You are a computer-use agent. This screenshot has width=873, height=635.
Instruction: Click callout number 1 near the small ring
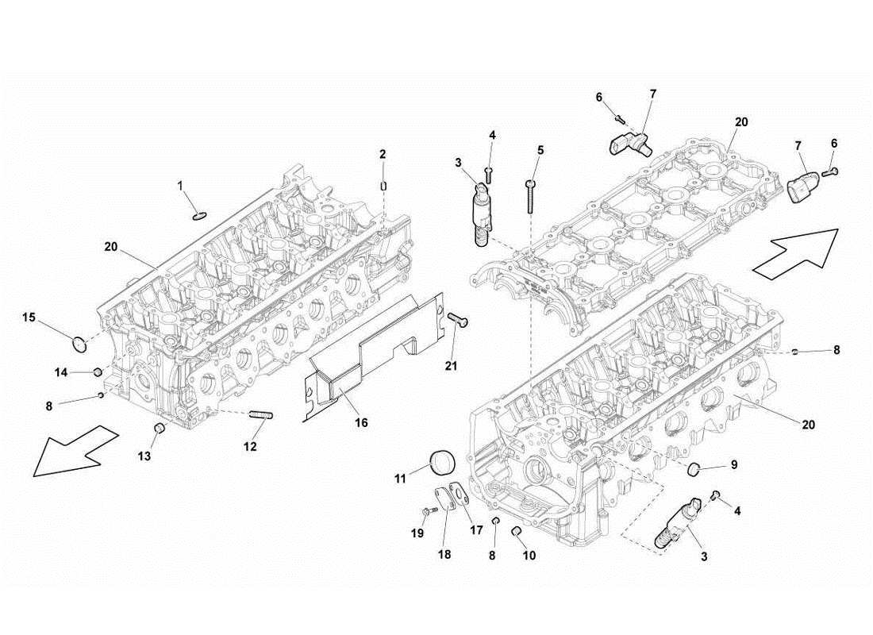pos(180,186)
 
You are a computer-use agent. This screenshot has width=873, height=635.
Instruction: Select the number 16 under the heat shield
pos(361,423)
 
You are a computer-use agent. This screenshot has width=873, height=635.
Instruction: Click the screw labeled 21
pos(458,320)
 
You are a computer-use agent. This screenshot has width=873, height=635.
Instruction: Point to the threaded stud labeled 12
pos(261,415)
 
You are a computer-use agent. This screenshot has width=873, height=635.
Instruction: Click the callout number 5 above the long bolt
pos(540,150)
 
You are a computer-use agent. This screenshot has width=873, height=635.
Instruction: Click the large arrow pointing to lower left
pos(76,449)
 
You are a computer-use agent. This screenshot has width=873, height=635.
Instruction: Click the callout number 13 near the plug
pos(143,457)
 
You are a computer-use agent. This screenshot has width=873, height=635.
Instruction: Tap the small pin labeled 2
pos(383,187)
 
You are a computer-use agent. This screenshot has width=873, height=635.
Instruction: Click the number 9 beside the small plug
pos(733,464)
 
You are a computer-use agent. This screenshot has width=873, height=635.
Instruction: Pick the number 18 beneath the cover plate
pos(444,555)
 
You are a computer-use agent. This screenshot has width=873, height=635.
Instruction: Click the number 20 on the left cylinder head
pos(111,247)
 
